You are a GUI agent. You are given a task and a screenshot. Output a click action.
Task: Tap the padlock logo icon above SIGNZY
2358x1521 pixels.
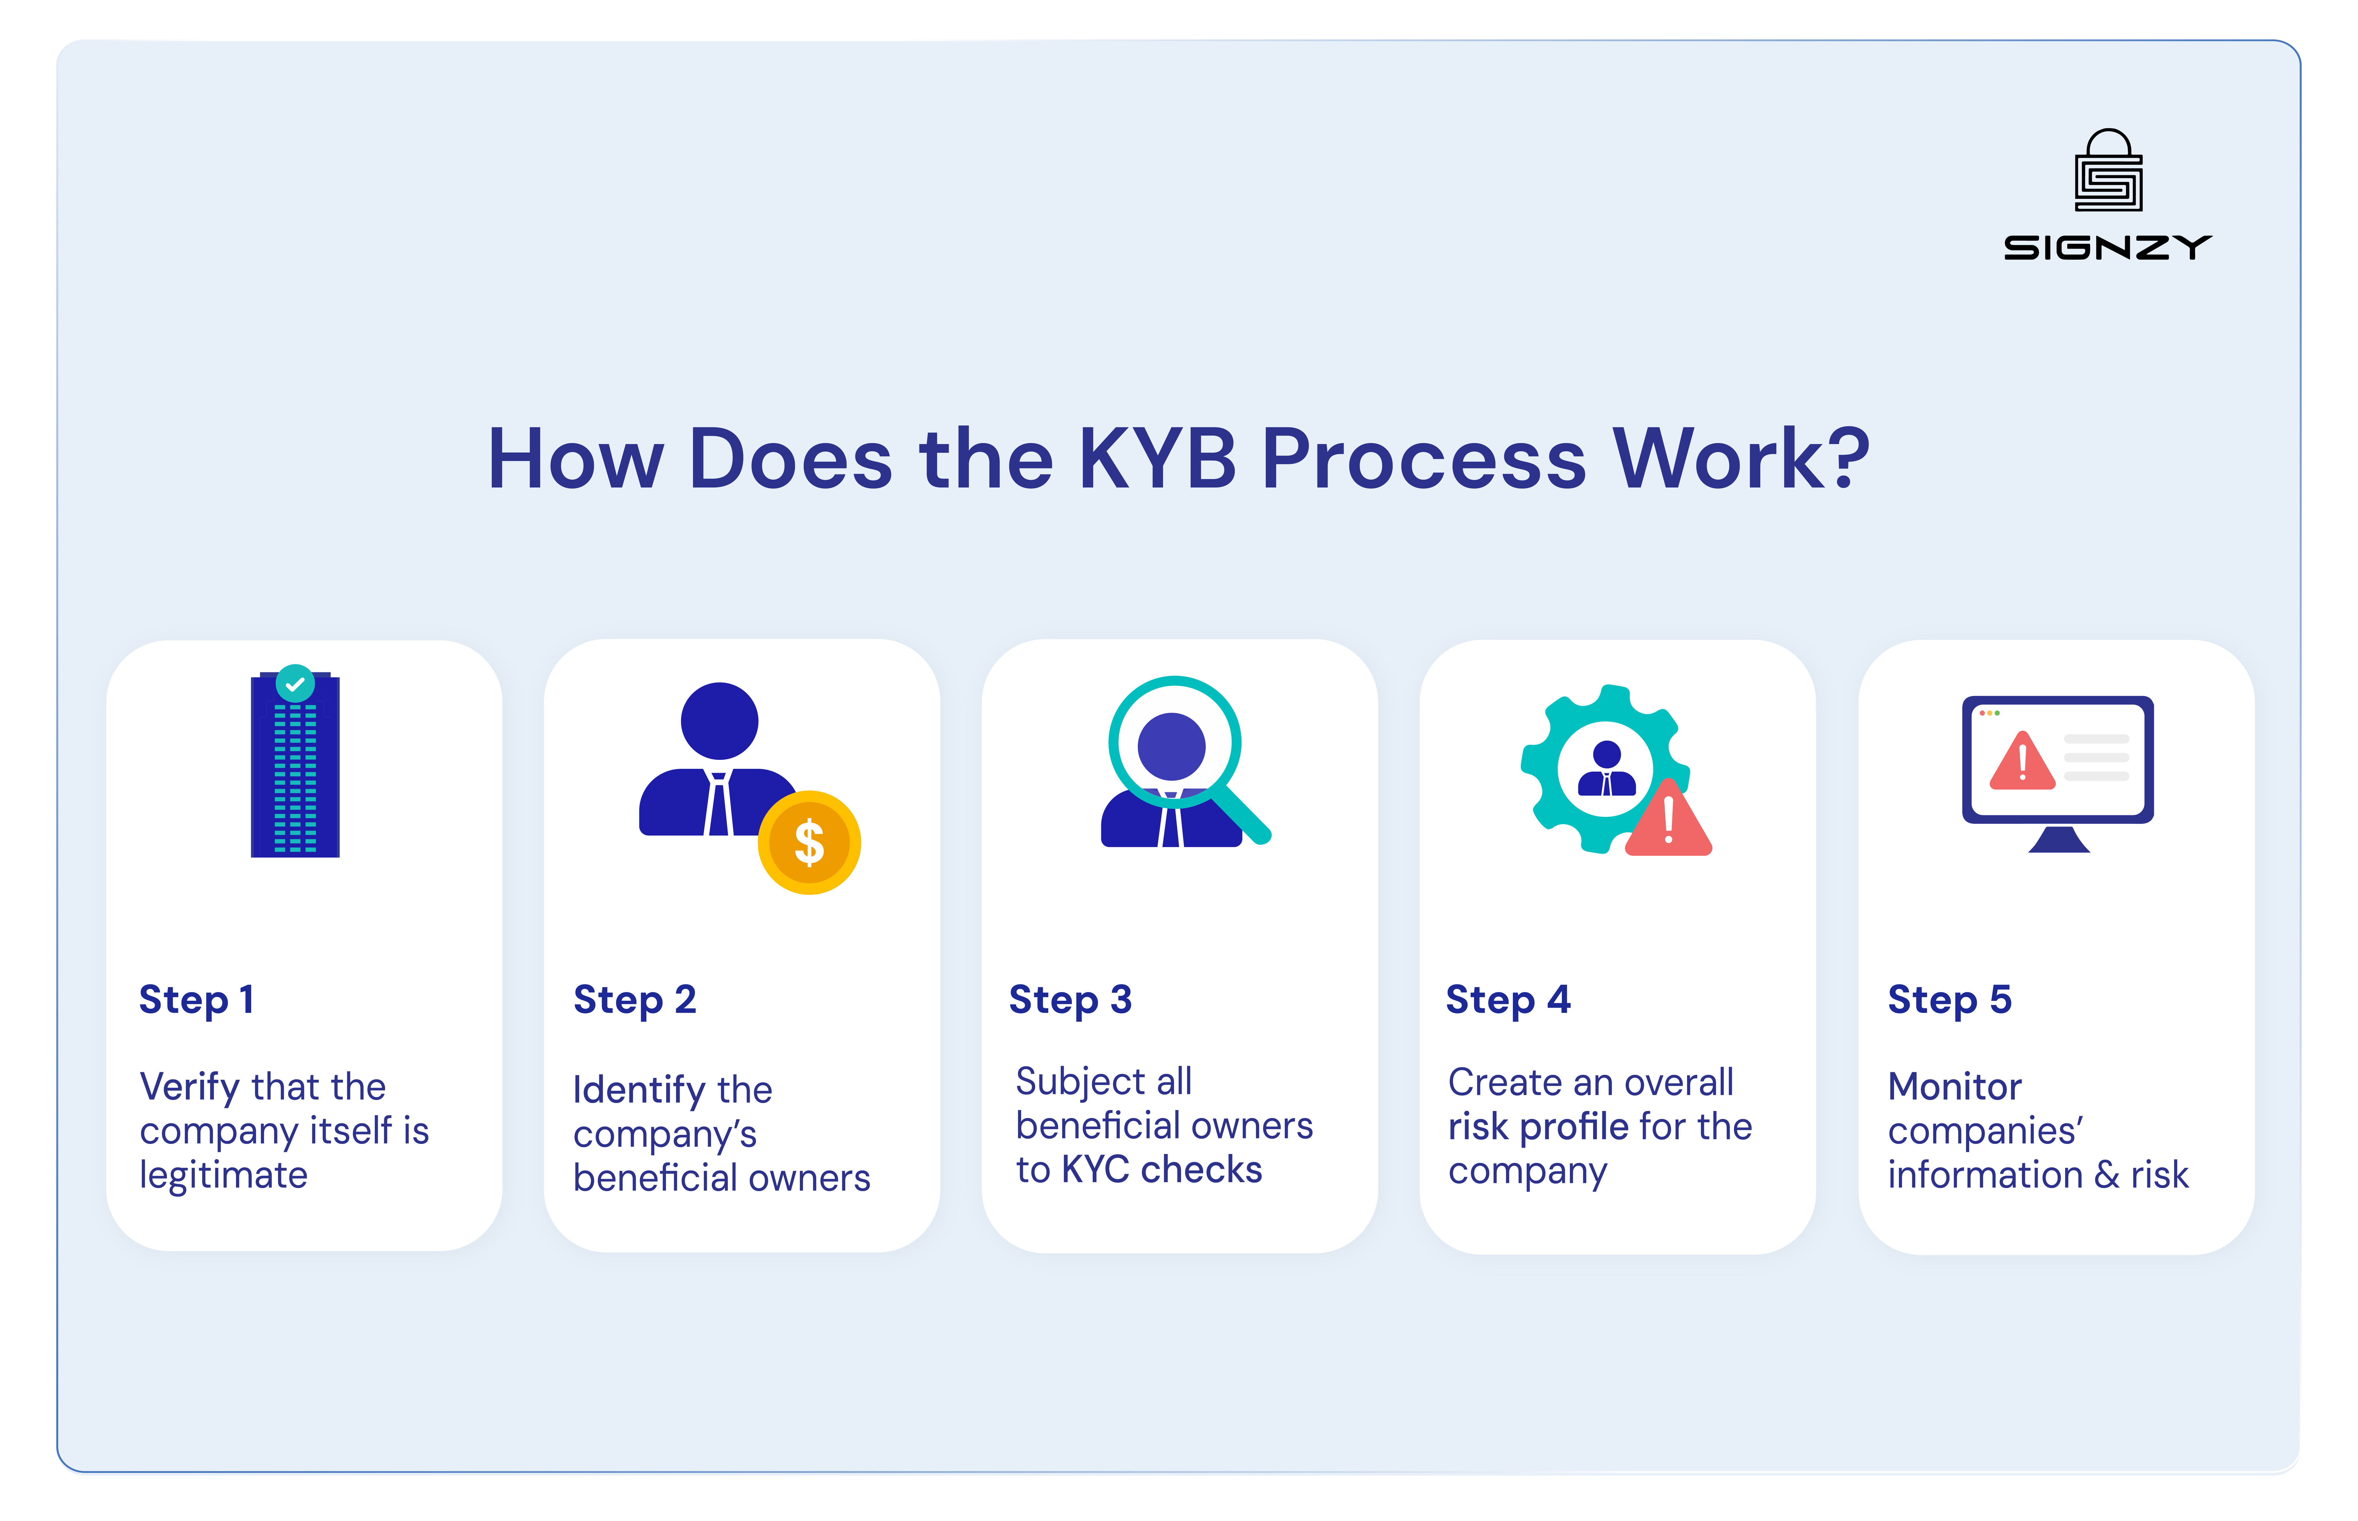click(x=2108, y=171)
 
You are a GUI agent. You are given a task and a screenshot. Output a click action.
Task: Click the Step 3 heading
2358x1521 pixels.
click(x=1069, y=999)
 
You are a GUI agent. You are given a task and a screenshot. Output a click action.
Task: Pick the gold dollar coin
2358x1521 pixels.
click(x=809, y=843)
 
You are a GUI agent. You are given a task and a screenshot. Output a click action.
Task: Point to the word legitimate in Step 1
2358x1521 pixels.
click(x=223, y=1175)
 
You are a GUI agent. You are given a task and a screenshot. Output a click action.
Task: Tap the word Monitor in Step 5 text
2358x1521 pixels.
click(x=1954, y=1086)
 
